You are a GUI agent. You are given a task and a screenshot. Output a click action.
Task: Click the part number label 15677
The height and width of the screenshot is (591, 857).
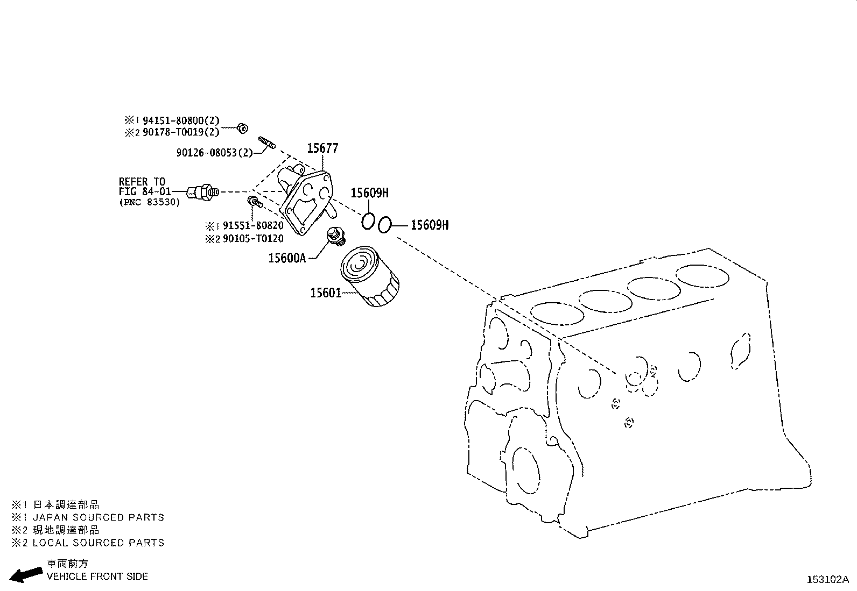coord(322,148)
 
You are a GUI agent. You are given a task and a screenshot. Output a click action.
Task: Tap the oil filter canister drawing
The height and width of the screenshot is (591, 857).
coord(369,278)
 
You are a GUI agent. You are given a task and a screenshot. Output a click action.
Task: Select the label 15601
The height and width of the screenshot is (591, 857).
coord(325,293)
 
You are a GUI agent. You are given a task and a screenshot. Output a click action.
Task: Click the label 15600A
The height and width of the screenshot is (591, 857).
coord(287,258)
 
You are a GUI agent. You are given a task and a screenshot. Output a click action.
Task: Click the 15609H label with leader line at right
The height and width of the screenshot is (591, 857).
coord(429,225)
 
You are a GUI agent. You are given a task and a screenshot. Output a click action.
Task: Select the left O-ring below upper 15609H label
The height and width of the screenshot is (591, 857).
coord(368,221)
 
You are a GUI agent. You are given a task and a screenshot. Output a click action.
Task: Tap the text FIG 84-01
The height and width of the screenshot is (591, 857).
coord(145,192)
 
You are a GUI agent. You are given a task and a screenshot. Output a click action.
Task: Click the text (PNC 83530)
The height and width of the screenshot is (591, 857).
coord(150,202)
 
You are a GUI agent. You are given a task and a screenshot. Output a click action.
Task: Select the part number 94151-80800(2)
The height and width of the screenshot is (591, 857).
coord(181,121)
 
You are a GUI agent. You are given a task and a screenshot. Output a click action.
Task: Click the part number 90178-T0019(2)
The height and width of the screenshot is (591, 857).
coord(181,132)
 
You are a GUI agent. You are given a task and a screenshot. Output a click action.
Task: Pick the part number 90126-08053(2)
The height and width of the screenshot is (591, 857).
coord(214,153)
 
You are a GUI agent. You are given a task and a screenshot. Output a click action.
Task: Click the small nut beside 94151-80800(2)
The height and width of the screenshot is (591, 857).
coord(243,128)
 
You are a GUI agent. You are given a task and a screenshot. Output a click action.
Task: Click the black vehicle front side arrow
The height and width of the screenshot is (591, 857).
coord(26,575)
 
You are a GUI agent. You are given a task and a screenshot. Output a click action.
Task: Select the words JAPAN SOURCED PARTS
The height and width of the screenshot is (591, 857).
coord(98,517)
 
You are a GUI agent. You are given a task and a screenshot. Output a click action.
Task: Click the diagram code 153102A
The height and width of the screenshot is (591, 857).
coord(827,579)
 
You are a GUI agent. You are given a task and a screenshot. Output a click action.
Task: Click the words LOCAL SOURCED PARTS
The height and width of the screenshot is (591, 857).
coord(98,543)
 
